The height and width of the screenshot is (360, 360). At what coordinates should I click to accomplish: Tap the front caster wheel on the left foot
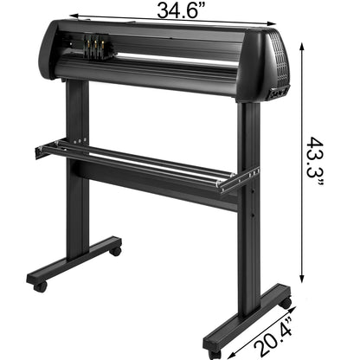39,284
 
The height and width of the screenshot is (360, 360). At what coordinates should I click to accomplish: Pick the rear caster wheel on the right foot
285,302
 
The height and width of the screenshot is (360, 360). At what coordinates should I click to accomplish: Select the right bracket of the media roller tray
237,180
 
